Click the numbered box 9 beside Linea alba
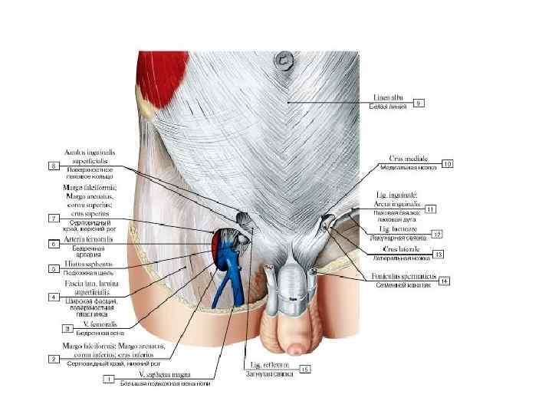coord(419,102)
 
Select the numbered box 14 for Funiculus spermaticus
coord(443,281)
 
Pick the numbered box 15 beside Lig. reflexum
coord(305,370)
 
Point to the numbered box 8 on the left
coord(54,165)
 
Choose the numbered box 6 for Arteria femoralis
coord(54,244)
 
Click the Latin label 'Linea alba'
coord(388,97)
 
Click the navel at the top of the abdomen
coord(285,58)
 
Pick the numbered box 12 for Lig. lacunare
coord(437,233)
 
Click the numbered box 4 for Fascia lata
coord(54,296)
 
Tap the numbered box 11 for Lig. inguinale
coord(432,208)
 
